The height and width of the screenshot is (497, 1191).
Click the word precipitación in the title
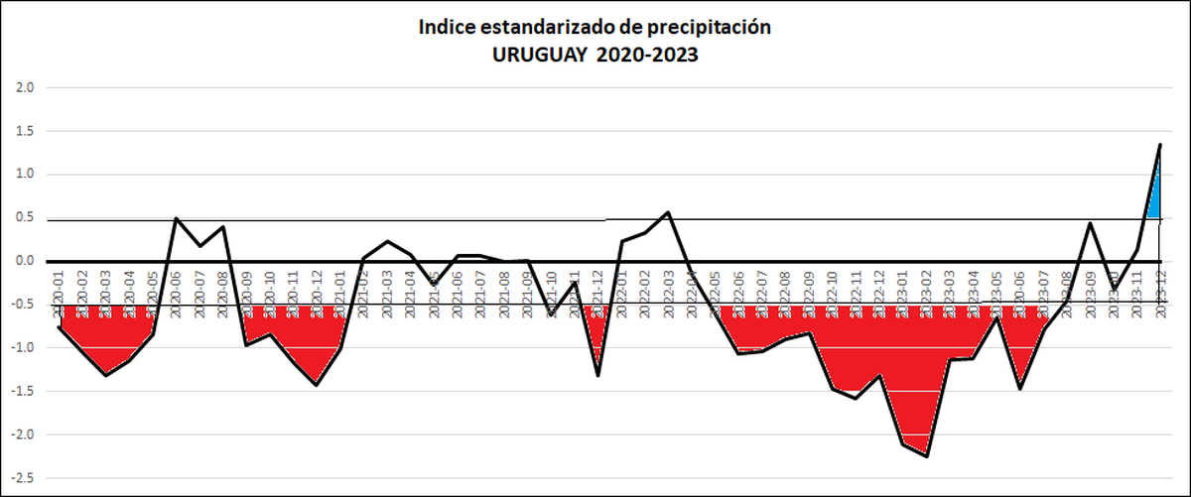coord(704,27)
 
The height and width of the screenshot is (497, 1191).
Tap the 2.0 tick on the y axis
coord(25,87)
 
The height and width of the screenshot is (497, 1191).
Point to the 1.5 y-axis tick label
coord(25,131)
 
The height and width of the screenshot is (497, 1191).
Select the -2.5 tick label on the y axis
coord(23,478)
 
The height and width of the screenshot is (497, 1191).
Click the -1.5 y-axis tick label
coord(23,392)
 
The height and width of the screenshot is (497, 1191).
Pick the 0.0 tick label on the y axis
coord(25,261)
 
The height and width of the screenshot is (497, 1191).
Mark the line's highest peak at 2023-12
coord(1160,145)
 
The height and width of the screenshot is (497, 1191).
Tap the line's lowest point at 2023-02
coord(927,456)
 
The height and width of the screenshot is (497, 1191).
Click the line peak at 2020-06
coord(177,218)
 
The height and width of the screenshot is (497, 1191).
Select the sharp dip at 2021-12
coord(598,375)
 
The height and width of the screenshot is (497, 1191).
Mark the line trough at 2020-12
coord(317,385)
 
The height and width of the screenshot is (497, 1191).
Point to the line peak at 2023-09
coord(1091,223)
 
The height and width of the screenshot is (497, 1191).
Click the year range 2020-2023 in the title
coord(646,56)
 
